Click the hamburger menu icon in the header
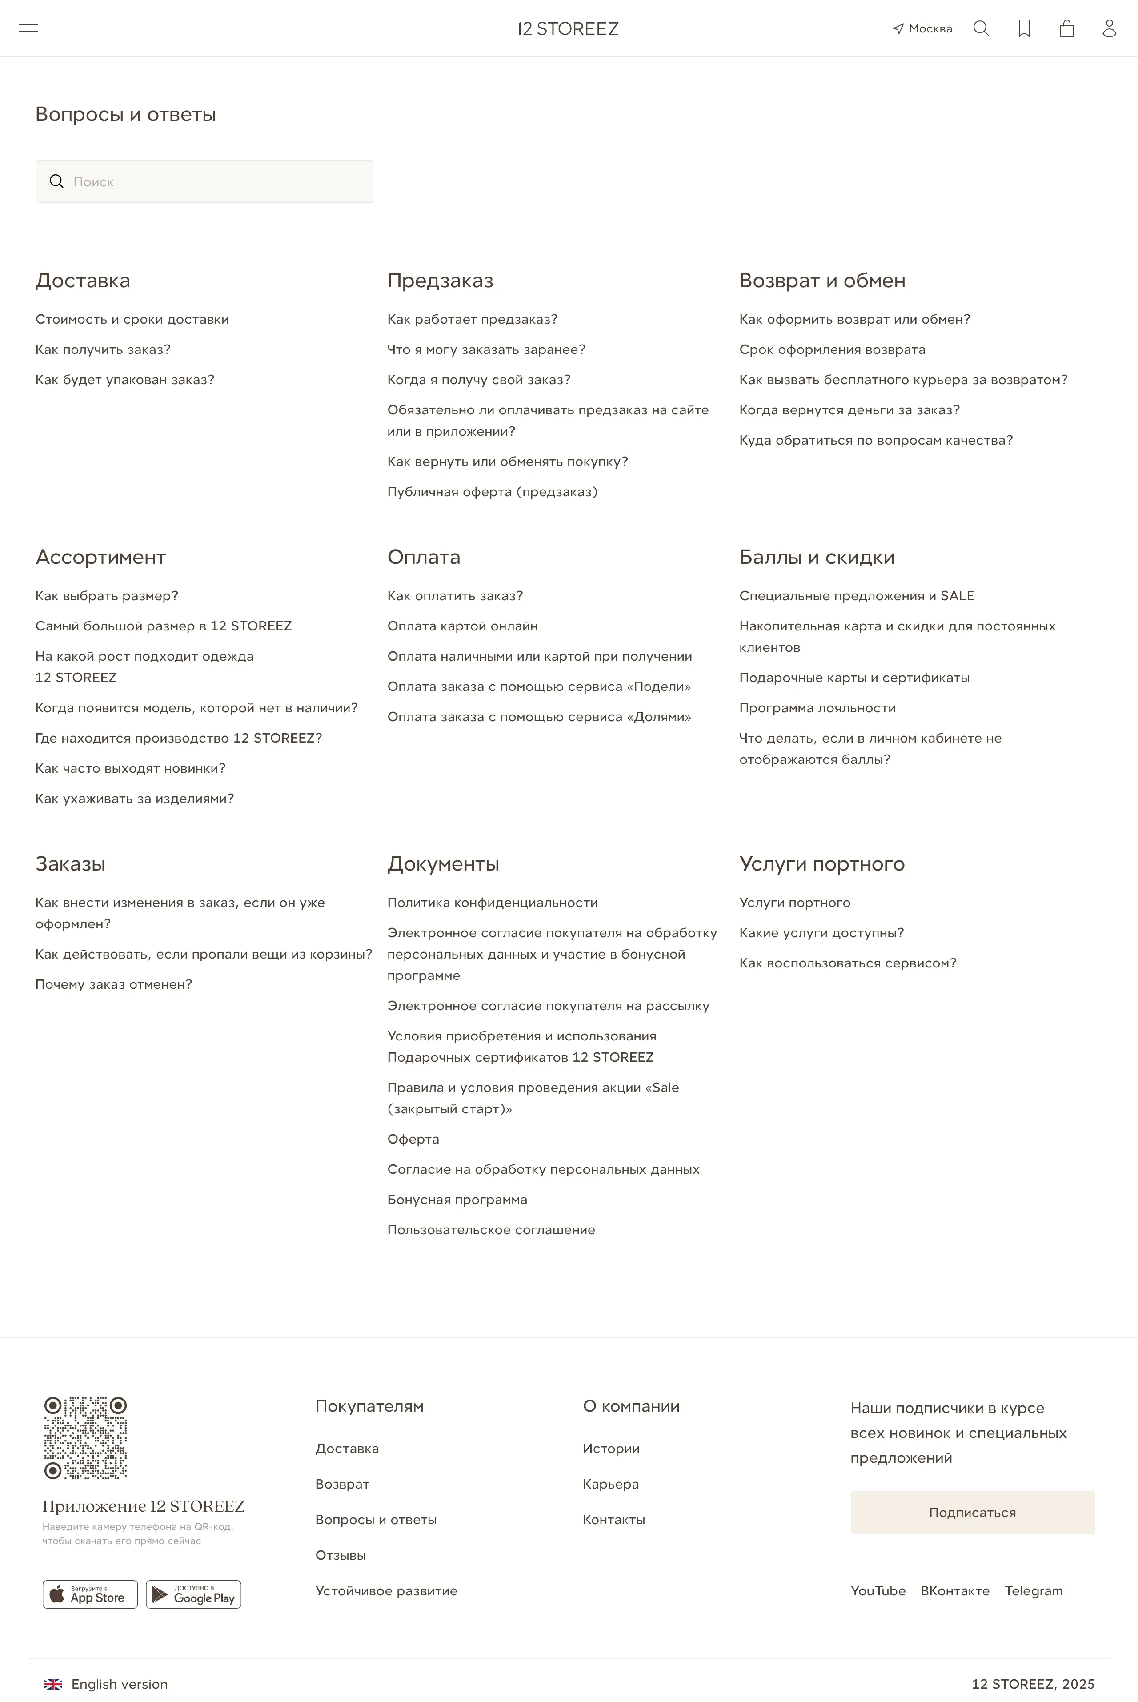tap(28, 28)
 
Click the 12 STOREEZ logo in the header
tap(568, 29)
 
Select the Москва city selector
tap(922, 29)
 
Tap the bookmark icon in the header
tap(1024, 28)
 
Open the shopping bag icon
tap(1066, 28)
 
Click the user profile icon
tap(1109, 28)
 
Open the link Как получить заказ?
tap(103, 349)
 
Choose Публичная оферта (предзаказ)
tap(492, 491)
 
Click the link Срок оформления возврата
tap(832, 349)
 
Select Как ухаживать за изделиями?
tap(134, 799)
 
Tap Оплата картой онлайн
tap(462, 626)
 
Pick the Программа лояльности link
tap(817, 708)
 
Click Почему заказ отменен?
tap(114, 984)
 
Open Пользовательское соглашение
tap(491, 1229)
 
